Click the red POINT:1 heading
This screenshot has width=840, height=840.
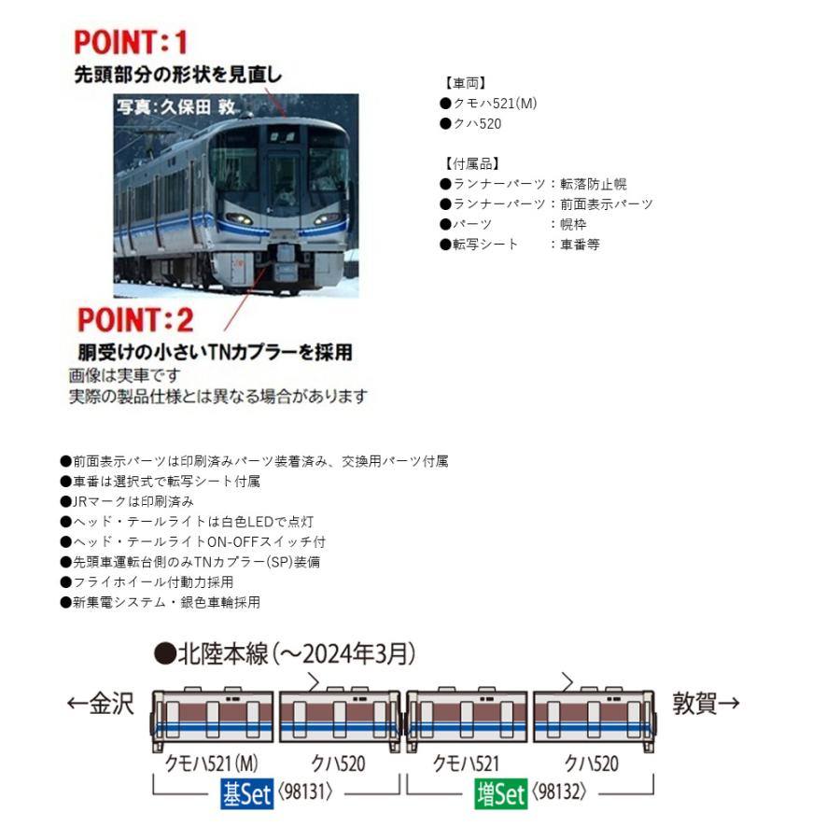point(131,42)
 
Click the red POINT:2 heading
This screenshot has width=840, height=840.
point(135,320)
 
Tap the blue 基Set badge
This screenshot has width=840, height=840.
point(245,794)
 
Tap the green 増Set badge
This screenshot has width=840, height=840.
point(499,794)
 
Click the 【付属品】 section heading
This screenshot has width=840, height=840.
point(469,163)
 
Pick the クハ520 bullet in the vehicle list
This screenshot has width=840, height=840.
point(477,122)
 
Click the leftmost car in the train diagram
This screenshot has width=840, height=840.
point(214,719)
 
